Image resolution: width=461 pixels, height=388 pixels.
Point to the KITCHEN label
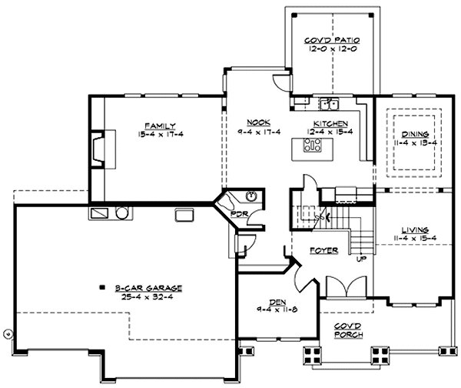(331, 123)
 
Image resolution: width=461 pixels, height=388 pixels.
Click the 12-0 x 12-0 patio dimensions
(333, 48)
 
